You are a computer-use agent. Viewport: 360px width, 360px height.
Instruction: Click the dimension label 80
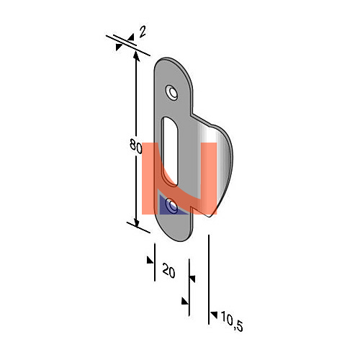pos(136,146)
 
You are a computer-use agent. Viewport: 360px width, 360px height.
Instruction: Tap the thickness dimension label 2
pos(143,32)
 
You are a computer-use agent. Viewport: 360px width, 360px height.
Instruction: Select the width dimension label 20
pos(168,271)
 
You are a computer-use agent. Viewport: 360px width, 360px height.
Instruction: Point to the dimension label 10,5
pos(232,322)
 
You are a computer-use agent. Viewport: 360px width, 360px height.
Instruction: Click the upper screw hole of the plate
pos(171,93)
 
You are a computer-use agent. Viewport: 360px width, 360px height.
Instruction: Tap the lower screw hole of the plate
pos(172,206)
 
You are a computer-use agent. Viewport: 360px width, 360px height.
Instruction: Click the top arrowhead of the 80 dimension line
pos(136,55)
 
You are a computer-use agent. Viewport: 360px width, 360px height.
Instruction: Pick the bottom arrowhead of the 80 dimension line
pos(136,222)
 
